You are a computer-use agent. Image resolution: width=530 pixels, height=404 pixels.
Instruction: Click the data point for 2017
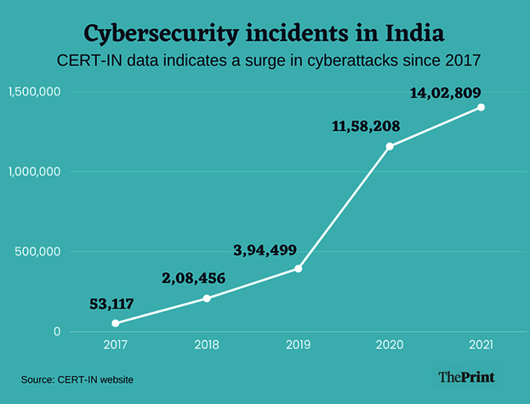coord(116,323)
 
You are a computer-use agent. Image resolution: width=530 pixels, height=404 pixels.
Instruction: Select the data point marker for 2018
coord(207,299)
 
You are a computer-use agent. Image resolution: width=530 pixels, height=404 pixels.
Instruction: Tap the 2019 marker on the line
coord(299,269)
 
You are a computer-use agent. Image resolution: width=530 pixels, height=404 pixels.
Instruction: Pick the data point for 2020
coord(390,146)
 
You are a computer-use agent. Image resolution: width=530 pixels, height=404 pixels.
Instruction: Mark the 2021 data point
coord(482,107)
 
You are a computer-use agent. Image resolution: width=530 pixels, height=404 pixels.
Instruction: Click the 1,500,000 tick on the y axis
coord(36,91)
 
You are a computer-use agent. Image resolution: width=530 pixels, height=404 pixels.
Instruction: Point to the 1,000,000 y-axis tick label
coord(36,171)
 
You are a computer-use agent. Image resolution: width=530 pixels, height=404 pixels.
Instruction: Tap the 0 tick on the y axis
coord(57,332)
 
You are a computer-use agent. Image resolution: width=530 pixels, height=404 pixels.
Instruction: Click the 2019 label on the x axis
coord(299,346)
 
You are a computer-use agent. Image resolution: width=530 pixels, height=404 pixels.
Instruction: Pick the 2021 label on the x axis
coord(482,346)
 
